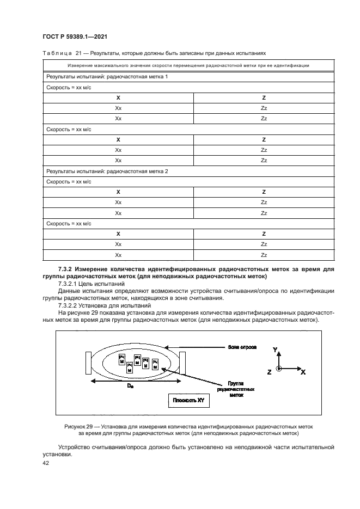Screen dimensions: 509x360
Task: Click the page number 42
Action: (x=46, y=462)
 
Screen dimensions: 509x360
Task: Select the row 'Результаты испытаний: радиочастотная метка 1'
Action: (x=107, y=77)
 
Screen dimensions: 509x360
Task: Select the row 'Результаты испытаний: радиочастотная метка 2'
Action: (x=107, y=171)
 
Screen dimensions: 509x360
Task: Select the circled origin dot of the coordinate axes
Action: (x=279, y=369)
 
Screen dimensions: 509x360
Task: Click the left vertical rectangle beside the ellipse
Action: (x=88, y=363)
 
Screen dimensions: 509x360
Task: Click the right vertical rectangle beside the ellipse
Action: (x=183, y=363)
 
